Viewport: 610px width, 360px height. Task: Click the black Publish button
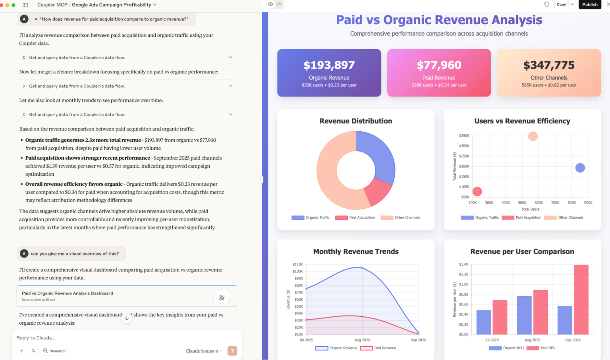[590, 4]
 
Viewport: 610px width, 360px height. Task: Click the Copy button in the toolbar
[561, 4]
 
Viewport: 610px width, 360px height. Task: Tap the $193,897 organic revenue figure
[329, 65]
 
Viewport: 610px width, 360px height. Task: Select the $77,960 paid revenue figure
[439, 65]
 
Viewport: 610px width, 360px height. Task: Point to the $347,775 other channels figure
[549, 65]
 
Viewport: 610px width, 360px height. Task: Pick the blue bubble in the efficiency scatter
[580, 168]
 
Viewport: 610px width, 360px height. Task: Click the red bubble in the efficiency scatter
[477, 192]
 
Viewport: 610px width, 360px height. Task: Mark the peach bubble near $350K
[533, 137]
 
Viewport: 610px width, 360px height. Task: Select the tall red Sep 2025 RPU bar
[581, 300]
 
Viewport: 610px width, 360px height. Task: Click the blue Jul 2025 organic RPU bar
[483, 322]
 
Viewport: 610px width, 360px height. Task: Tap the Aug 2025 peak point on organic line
[362, 268]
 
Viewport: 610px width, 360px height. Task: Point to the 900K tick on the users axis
[588, 203]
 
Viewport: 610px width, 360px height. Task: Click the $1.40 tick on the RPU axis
[463, 264]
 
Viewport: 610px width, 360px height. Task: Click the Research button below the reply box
[54, 351]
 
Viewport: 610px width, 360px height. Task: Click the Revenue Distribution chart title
[355, 121]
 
